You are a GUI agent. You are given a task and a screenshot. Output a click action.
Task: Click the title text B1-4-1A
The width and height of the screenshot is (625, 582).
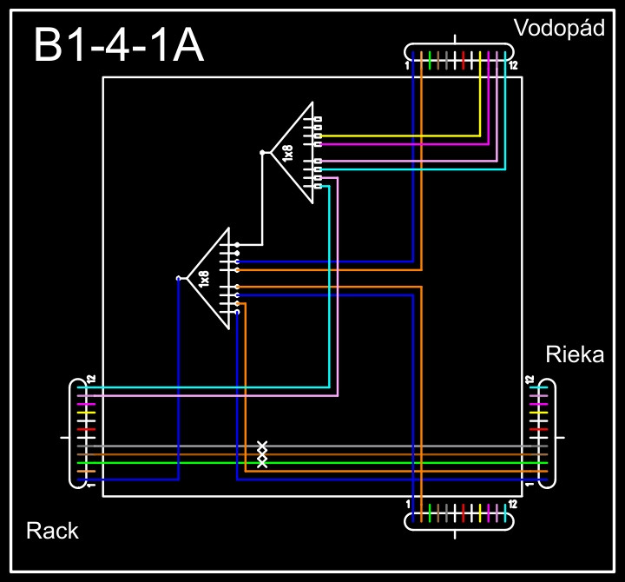pos(118,46)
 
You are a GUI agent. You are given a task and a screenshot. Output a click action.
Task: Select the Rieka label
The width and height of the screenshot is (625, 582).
pos(574,354)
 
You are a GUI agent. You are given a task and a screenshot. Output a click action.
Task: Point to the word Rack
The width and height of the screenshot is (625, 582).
pos(52,531)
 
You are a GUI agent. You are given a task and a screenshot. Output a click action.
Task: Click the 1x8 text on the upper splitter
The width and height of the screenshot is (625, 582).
pos(288,154)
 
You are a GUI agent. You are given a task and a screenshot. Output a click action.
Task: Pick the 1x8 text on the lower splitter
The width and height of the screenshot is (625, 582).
pos(204,280)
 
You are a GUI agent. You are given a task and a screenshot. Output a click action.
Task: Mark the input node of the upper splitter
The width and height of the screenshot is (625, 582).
pos(262,154)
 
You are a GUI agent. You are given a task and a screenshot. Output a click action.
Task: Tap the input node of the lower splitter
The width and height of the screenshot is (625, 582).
pos(179,278)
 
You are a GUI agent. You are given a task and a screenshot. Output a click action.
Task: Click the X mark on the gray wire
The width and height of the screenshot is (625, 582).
pos(262,446)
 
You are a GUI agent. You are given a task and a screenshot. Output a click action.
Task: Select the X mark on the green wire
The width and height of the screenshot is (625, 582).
pos(262,463)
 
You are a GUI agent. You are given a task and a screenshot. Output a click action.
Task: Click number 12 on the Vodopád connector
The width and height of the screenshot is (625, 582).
pos(514,66)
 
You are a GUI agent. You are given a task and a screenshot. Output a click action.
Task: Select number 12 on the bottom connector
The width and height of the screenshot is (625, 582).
pos(514,504)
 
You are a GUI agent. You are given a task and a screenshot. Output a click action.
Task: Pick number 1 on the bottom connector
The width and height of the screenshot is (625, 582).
pos(408,504)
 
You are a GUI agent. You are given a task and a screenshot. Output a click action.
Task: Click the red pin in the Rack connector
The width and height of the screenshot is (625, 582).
pos(86,429)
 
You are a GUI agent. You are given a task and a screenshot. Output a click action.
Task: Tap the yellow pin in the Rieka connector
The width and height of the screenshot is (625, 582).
pos(538,413)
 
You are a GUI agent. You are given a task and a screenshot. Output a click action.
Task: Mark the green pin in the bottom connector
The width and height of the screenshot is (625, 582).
pos(430,513)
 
